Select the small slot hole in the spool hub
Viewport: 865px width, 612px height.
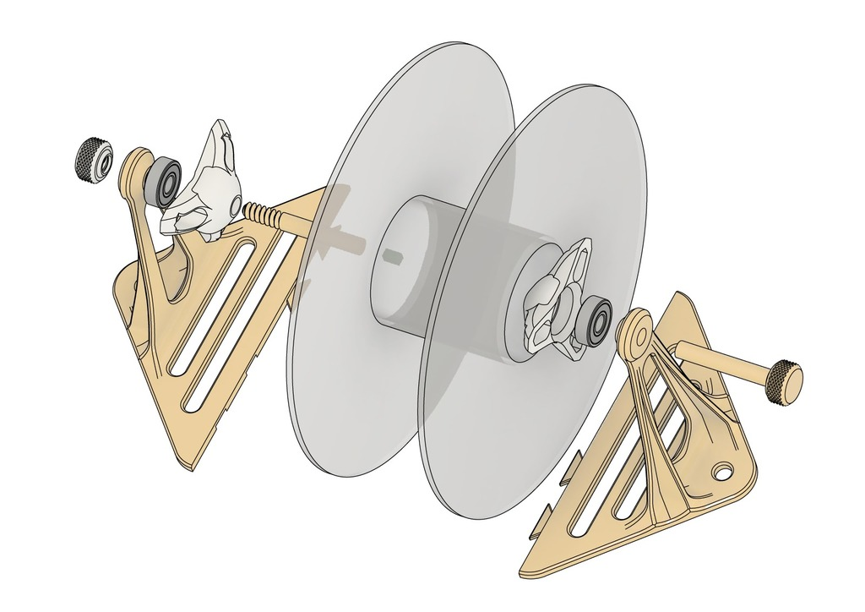click(x=391, y=254)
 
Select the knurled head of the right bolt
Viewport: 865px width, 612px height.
click(x=784, y=382)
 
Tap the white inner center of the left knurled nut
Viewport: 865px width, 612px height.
click(x=103, y=162)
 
